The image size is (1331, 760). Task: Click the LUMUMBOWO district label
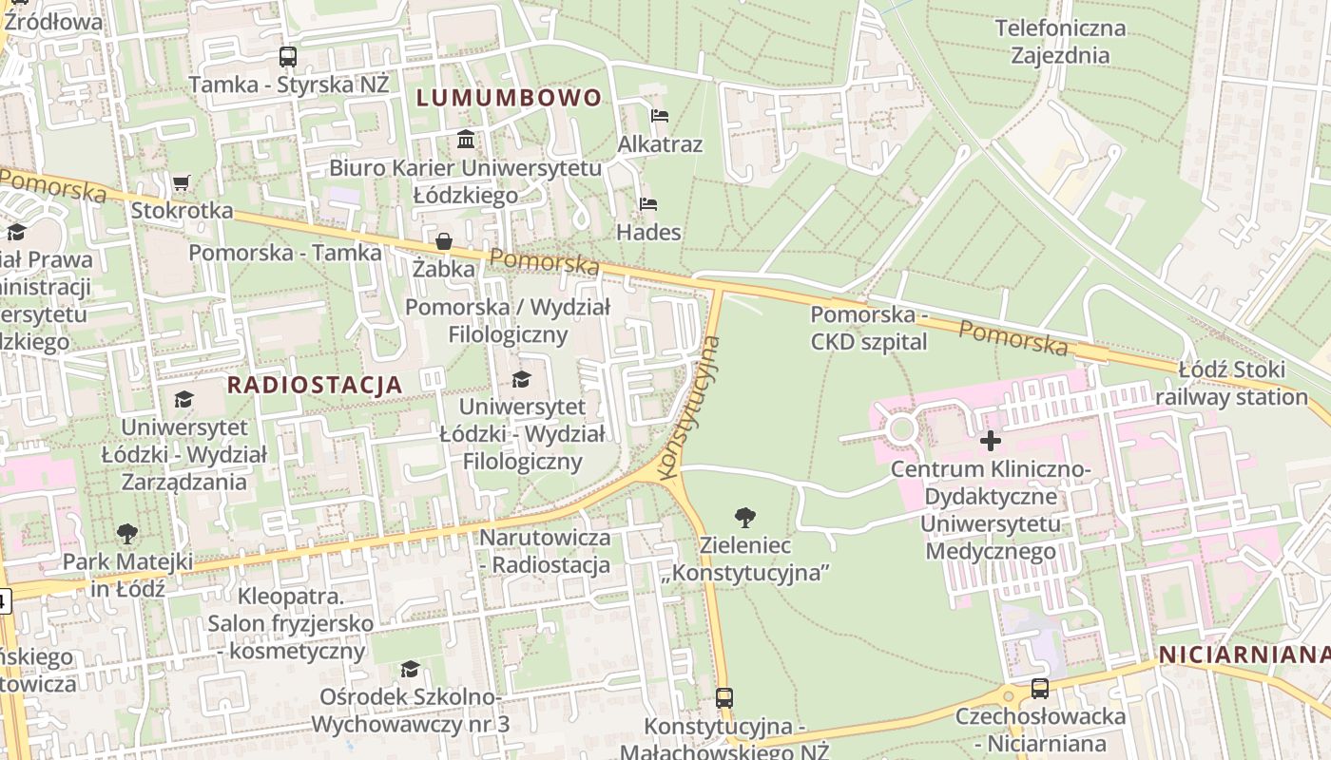click(x=509, y=98)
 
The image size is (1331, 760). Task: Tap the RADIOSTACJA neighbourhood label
click(x=315, y=385)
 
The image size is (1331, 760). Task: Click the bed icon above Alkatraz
click(x=660, y=116)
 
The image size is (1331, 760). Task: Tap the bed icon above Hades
click(x=649, y=204)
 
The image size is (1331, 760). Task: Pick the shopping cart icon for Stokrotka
click(x=182, y=181)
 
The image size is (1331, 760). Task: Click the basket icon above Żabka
click(x=444, y=241)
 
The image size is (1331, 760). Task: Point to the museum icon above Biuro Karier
click(x=466, y=140)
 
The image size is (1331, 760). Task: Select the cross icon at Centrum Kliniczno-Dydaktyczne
click(x=991, y=441)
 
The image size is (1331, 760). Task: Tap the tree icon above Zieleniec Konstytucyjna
click(x=745, y=518)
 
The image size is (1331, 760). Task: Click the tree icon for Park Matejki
click(x=126, y=534)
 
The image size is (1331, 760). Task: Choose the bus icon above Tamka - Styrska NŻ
click(x=288, y=57)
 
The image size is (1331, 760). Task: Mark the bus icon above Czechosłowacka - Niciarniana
click(x=1040, y=689)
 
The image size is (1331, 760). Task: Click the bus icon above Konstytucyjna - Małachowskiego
click(x=724, y=698)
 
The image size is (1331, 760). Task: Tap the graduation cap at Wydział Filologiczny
click(x=521, y=380)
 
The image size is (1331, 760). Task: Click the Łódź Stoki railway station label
click(x=1231, y=383)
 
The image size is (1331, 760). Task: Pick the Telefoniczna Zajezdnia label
click(x=1060, y=42)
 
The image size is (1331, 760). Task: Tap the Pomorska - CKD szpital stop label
click(x=869, y=328)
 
